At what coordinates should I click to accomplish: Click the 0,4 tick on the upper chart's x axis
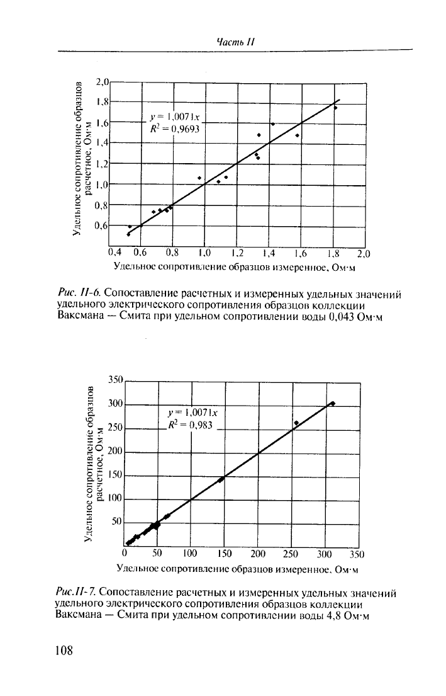(x=114, y=254)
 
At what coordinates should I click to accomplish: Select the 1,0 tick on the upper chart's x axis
(x=205, y=254)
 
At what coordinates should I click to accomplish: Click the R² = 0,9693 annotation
(x=178, y=127)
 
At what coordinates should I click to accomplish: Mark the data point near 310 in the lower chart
(x=332, y=403)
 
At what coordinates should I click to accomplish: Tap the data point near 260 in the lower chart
(x=296, y=423)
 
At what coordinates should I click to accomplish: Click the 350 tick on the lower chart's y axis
(x=114, y=380)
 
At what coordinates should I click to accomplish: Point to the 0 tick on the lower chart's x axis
(x=125, y=554)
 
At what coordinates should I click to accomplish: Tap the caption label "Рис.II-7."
(x=76, y=592)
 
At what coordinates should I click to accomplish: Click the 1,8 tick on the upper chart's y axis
(x=103, y=102)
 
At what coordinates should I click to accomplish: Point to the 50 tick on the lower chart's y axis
(x=116, y=523)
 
